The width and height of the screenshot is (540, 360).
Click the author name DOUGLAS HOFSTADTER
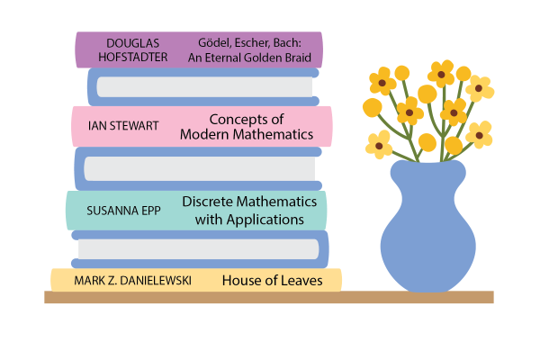(x=132, y=50)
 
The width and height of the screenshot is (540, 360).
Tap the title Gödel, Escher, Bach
(x=249, y=43)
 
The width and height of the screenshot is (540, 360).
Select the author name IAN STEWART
(x=123, y=126)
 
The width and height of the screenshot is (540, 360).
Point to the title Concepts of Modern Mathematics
(x=247, y=127)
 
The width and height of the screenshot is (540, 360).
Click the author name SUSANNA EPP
(x=123, y=211)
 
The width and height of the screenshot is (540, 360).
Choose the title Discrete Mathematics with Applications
(x=249, y=211)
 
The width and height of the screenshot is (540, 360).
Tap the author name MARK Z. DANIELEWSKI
(x=132, y=281)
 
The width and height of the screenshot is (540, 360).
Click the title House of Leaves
(x=272, y=281)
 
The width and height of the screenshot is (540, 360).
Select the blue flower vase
(x=428, y=228)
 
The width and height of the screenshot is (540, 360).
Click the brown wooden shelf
(x=269, y=297)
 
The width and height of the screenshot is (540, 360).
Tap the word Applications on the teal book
(x=265, y=220)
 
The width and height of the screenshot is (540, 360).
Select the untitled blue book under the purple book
(x=203, y=86)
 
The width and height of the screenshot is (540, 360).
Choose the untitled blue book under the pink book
(x=198, y=169)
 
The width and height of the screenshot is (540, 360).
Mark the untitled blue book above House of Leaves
(x=200, y=249)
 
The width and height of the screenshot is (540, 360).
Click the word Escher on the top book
(x=253, y=43)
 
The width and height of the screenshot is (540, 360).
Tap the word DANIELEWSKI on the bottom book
(x=156, y=281)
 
